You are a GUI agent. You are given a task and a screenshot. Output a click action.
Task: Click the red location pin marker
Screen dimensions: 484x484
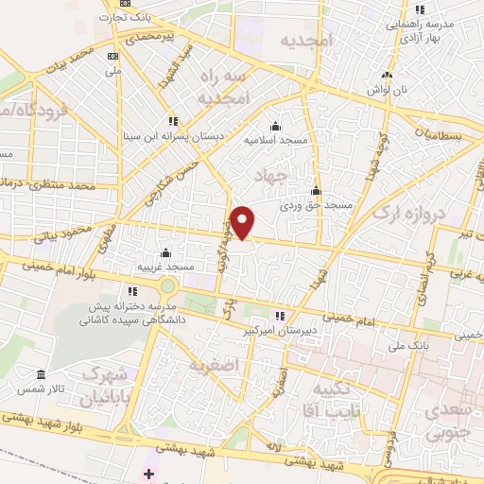[244, 221]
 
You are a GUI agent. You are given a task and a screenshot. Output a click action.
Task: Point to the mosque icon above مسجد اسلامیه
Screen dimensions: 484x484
[275, 127]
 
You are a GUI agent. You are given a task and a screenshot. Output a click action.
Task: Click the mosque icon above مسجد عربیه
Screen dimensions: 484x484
[166, 252]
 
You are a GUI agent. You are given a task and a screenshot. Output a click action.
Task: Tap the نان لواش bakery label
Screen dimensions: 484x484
[388, 89]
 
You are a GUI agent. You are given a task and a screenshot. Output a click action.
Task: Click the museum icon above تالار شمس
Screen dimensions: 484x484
[39, 373]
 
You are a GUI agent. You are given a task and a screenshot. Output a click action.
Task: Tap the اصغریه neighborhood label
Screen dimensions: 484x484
[210, 365]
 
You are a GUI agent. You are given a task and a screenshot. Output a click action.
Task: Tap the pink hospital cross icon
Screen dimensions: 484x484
[149, 473]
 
